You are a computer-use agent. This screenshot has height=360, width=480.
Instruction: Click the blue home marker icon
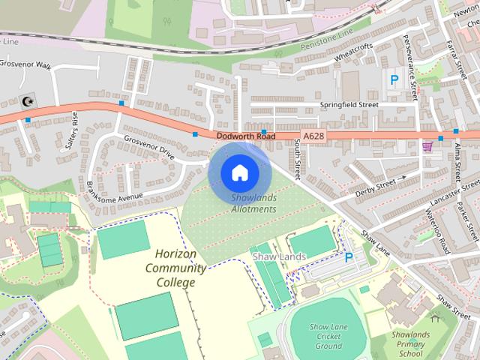(x=238, y=172)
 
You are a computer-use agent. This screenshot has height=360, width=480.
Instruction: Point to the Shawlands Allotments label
(x=254, y=202)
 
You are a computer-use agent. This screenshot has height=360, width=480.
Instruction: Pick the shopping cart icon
(x=427, y=146)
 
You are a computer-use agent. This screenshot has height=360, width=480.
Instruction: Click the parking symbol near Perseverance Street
(x=393, y=78)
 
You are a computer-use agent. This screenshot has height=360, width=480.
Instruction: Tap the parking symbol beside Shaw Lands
(x=348, y=257)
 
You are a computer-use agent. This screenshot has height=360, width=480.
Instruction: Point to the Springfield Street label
(x=349, y=106)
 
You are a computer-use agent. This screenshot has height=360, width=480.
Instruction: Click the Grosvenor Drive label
(x=148, y=148)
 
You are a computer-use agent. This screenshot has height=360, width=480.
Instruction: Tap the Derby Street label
(x=374, y=184)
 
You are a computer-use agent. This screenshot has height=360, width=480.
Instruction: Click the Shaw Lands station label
(x=279, y=257)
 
